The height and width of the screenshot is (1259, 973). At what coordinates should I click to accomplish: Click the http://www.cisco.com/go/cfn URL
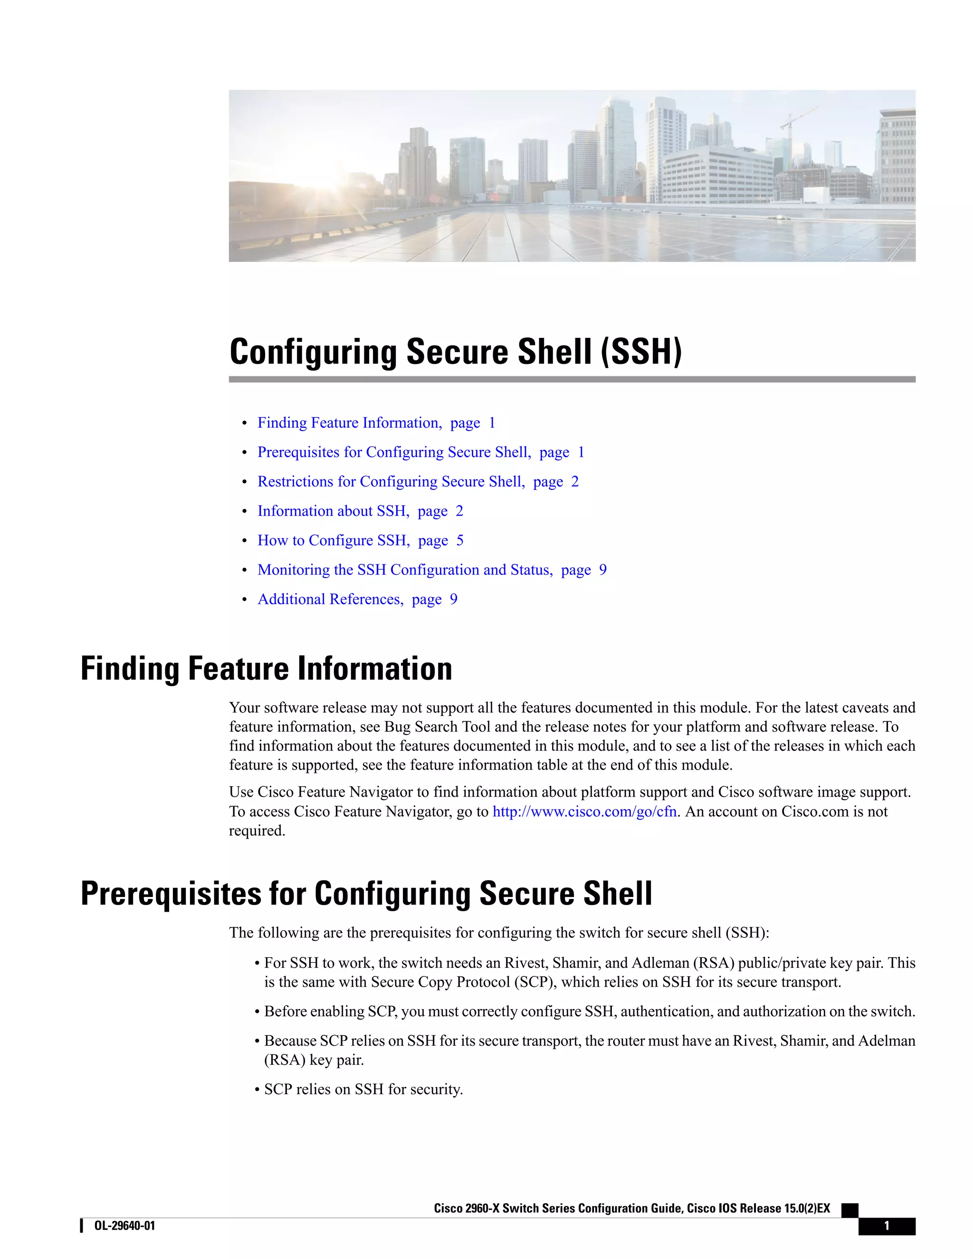584,811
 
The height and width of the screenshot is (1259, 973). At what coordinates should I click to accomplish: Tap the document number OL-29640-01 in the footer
124,1226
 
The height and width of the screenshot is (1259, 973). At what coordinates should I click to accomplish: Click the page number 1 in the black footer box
886,1226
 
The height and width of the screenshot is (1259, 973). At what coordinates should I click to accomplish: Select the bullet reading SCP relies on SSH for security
363,1089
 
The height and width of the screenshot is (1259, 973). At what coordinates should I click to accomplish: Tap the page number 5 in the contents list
459,541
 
